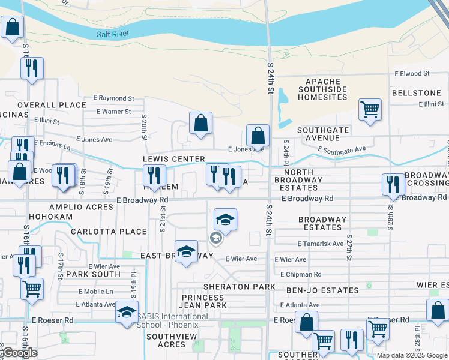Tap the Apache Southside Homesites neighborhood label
(x=322, y=89)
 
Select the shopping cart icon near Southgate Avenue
(x=370, y=110)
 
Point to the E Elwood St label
(x=412, y=73)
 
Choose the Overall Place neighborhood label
(x=52, y=105)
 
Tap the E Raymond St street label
(x=115, y=98)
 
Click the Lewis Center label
(x=174, y=159)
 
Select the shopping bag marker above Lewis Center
(x=201, y=123)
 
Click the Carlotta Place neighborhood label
(x=109, y=232)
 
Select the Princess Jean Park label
(x=203, y=301)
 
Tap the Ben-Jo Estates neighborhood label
(x=331, y=290)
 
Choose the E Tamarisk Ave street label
(x=321, y=244)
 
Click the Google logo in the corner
(x=19, y=353)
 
